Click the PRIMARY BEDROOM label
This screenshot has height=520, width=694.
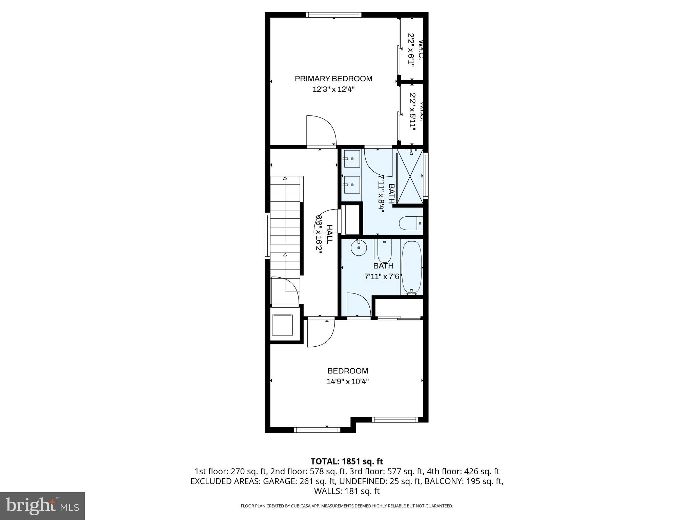[333, 79]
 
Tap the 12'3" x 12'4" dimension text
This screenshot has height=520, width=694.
[333, 90]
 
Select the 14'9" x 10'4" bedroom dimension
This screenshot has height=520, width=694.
[348, 382]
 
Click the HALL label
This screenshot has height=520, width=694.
[329, 234]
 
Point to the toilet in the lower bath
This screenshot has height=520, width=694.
[384, 250]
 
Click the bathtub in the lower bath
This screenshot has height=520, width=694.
[411, 267]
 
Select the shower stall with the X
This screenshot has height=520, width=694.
[410, 176]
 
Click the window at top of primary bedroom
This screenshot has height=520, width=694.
[333, 15]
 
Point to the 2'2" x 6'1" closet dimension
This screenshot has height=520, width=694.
[411, 55]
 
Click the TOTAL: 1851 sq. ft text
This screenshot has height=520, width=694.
[347, 461]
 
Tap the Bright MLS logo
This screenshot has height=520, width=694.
[42, 506]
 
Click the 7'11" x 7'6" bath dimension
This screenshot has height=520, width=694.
[383, 277]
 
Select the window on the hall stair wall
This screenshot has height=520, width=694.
[268, 236]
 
